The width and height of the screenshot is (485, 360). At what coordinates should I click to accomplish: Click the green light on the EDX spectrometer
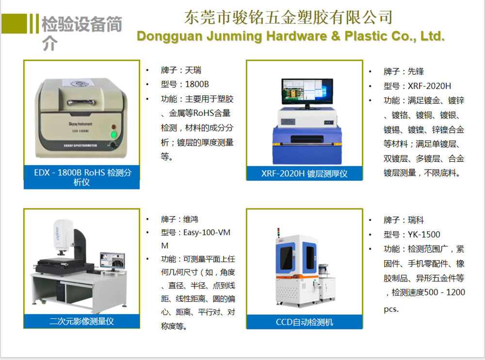(113, 134)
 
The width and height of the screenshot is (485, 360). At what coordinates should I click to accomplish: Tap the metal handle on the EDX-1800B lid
(81, 102)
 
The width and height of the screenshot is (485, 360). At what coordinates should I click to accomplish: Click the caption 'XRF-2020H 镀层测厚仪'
(305, 173)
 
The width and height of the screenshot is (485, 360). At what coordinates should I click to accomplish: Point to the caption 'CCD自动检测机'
(305, 322)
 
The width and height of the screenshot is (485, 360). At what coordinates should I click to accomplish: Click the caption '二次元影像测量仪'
(81, 321)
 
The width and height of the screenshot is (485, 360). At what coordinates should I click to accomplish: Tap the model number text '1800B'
(197, 84)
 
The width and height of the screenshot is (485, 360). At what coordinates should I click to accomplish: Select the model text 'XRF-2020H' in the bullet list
(429, 86)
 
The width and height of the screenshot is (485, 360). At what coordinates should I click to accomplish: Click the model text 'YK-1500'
(424, 235)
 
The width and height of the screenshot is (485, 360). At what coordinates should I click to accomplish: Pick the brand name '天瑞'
(193, 70)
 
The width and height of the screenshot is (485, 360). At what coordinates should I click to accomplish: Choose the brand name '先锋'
(416, 71)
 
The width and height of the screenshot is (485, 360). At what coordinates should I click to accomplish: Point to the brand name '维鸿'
(191, 219)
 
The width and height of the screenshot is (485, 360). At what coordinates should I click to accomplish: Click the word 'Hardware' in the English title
(296, 36)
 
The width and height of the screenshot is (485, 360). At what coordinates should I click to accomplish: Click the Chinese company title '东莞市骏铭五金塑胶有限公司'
(288, 17)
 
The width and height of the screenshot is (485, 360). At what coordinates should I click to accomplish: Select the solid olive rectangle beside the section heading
(14, 23)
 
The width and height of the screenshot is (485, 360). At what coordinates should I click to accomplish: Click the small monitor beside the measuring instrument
(113, 261)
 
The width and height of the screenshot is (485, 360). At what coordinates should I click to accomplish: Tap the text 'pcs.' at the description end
(391, 309)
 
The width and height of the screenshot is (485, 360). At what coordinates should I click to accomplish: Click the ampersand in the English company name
(336, 36)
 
